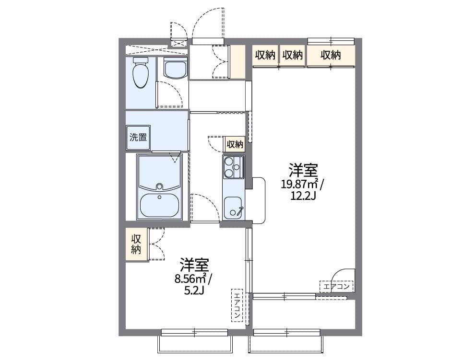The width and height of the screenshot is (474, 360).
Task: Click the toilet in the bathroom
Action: pyautogui.click(x=140, y=74)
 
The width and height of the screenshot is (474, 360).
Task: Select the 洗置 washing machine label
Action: pyautogui.click(x=138, y=137)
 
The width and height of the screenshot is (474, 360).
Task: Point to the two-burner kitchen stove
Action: pyautogui.click(x=234, y=167)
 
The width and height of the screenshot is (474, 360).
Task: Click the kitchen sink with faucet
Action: pyautogui.click(x=234, y=207)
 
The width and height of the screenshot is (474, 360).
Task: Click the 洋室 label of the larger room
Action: pyautogui.click(x=303, y=170)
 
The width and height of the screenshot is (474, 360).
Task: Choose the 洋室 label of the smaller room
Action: pyautogui.click(x=194, y=264)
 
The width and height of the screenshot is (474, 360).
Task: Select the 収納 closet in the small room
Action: pyautogui.click(x=137, y=244)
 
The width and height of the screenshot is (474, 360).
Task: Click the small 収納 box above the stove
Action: pyautogui.click(x=235, y=144)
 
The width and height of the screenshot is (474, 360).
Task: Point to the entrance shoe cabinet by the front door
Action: pyautogui.click(x=237, y=61)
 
